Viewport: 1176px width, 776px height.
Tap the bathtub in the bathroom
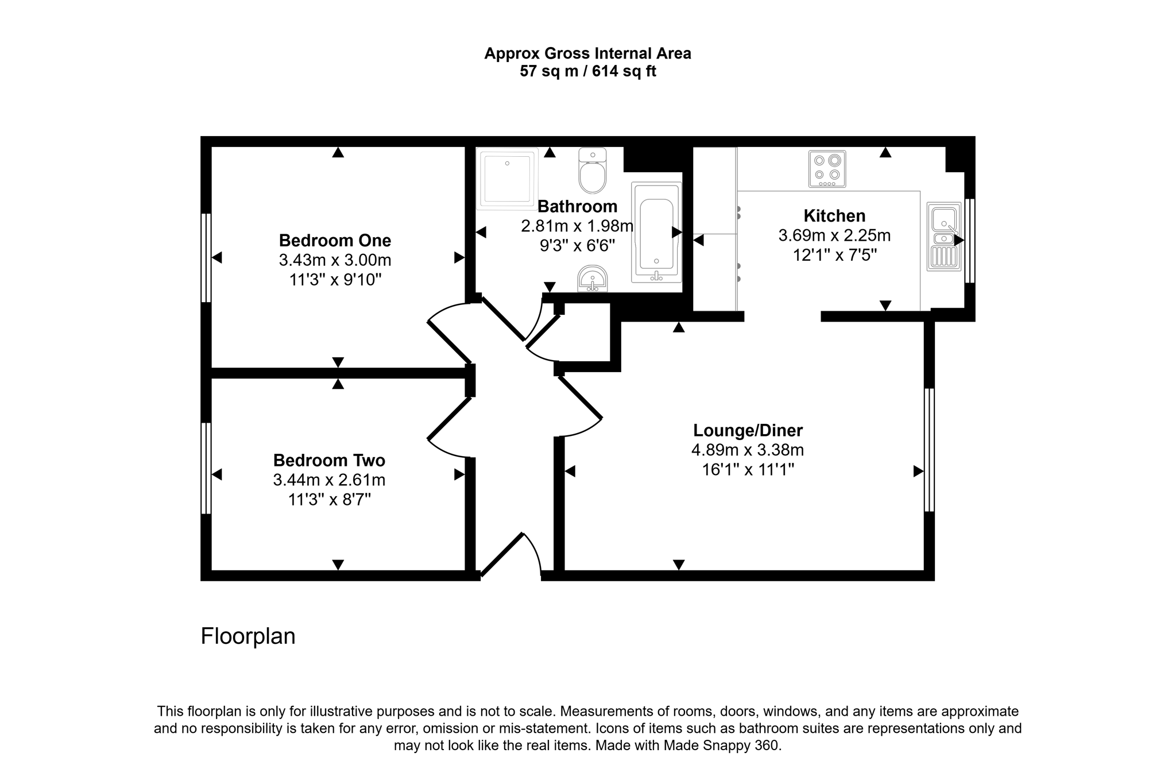click(656, 233)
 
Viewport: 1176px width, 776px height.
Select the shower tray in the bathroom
click(507, 178)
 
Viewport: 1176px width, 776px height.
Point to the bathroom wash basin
click(592, 279)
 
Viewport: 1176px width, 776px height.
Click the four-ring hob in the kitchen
click(827, 169)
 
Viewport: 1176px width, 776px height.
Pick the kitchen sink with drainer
click(943, 237)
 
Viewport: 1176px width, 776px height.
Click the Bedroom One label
click(335, 240)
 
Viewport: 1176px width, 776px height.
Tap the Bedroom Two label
click(329, 460)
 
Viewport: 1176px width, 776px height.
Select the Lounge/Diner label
click(748, 430)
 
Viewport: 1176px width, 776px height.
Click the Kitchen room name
click(834, 216)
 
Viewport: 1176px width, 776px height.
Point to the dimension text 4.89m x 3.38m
click(748, 450)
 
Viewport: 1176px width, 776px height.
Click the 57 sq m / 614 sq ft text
click(587, 71)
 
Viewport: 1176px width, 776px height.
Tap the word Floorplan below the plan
click(248, 636)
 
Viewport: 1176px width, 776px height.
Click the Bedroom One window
click(206, 257)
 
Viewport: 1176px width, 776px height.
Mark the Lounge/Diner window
click(929, 450)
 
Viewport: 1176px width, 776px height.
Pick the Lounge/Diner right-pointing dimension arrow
click(918, 472)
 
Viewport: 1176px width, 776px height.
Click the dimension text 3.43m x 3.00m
click(335, 260)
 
